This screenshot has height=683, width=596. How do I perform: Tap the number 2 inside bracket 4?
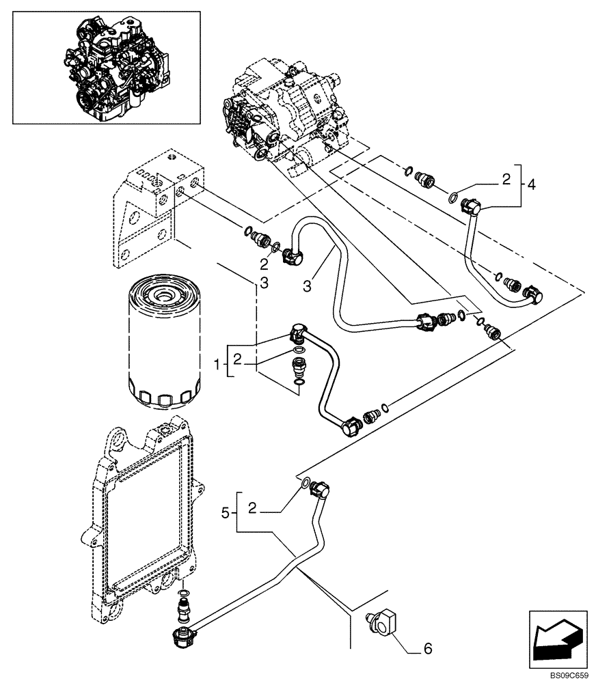pyautogui.click(x=506, y=180)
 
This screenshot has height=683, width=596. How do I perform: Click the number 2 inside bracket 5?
pyautogui.click(x=253, y=509)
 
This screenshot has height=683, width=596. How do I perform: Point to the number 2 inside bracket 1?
pyautogui.click(x=237, y=358)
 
